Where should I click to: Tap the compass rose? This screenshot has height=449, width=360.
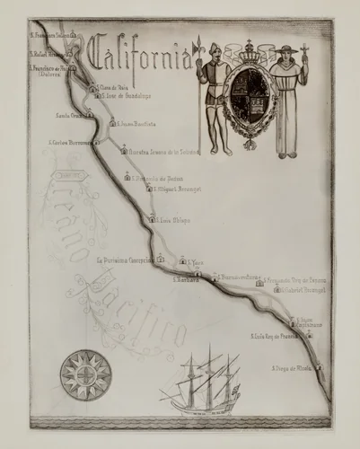[x=85, y=374]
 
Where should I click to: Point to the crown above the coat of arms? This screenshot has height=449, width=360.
[x=249, y=52]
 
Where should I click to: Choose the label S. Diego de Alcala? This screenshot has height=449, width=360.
[x=293, y=368]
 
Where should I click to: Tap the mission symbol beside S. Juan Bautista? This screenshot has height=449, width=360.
[x=112, y=121]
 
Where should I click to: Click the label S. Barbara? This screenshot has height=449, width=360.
[x=185, y=280]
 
